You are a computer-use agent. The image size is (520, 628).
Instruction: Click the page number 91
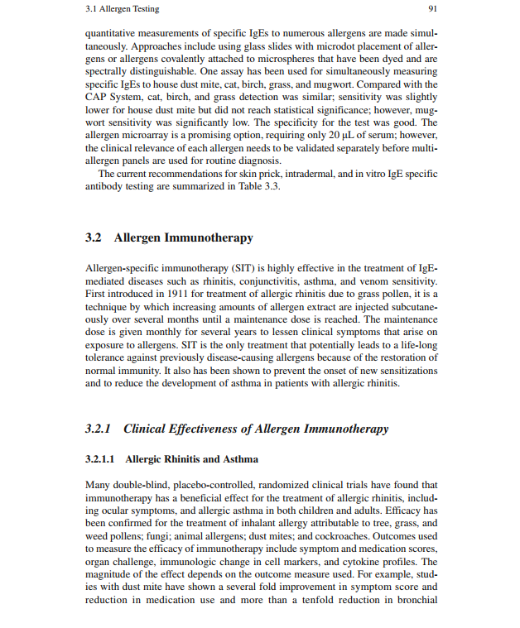(x=431, y=9)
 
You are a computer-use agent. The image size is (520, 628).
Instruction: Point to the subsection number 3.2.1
(x=99, y=429)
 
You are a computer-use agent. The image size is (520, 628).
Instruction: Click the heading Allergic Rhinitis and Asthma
(x=191, y=459)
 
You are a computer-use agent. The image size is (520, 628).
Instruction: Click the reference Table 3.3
(x=256, y=185)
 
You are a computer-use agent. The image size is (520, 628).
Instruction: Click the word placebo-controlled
(x=198, y=484)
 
